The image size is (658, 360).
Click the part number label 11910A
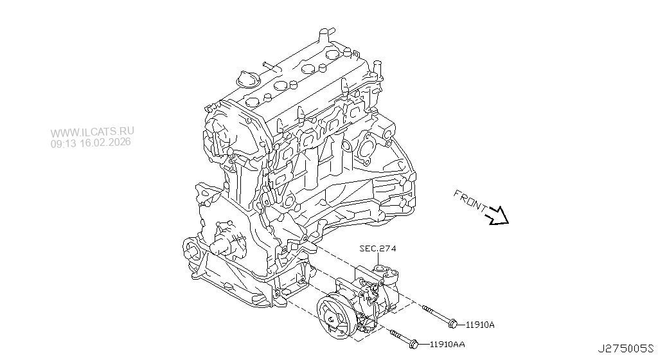coord(480,325)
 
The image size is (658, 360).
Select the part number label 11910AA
coord(447,345)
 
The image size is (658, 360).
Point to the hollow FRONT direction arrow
coord(497,216)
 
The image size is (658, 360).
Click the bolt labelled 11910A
coord(440,316)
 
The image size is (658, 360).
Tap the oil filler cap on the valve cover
coord(247,80)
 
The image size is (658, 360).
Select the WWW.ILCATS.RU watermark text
coord(93,132)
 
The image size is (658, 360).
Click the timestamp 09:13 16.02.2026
coord(91,143)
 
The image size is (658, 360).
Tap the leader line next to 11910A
coord(462,323)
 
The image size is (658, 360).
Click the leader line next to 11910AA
coord(425,344)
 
